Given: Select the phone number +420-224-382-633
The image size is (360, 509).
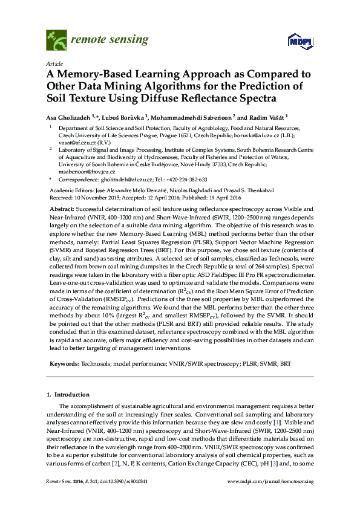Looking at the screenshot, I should (x=185, y=180).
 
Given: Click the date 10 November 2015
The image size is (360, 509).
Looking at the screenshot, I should (x=96, y=197).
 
